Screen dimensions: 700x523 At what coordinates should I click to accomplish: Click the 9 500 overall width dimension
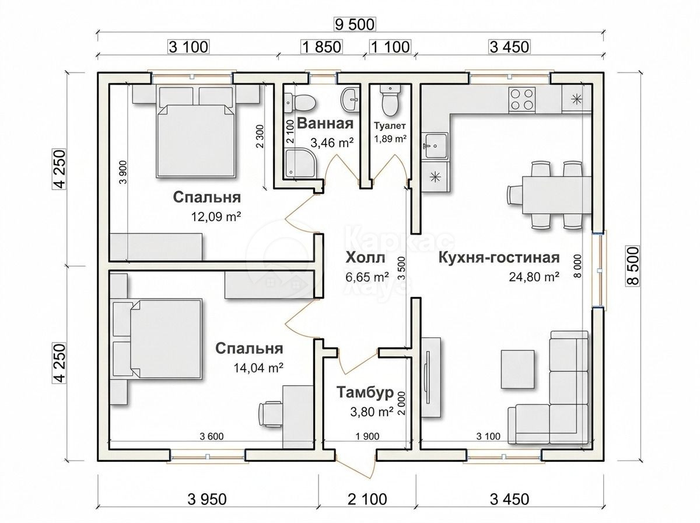pyautogui.click(x=355, y=25)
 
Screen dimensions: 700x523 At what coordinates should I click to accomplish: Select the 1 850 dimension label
pyautogui.click(x=321, y=47)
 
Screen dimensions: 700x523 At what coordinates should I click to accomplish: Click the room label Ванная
pyautogui.click(x=325, y=124)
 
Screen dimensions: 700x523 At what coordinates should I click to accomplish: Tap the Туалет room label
pyautogui.click(x=390, y=125)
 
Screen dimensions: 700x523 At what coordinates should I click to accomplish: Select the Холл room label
pyautogui.click(x=365, y=257)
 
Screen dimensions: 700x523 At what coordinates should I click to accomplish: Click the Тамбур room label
pyautogui.click(x=365, y=392)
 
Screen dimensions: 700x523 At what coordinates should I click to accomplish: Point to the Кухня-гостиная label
pyautogui.click(x=499, y=257)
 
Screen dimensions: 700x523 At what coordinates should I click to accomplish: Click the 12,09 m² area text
pyautogui.click(x=216, y=217)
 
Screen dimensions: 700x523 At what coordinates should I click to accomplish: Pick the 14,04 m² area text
pyautogui.click(x=258, y=368)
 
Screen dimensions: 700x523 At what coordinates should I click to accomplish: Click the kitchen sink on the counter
pyautogui.click(x=435, y=146)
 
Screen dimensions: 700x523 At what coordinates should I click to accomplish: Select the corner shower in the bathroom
pyautogui.click(x=300, y=163)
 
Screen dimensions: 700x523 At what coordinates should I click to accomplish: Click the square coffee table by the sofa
pyautogui.click(x=517, y=369)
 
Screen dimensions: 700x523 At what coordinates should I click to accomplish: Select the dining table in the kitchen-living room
pyautogui.click(x=556, y=195)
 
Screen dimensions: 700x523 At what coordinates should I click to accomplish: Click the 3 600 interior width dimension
pyautogui.click(x=211, y=436)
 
